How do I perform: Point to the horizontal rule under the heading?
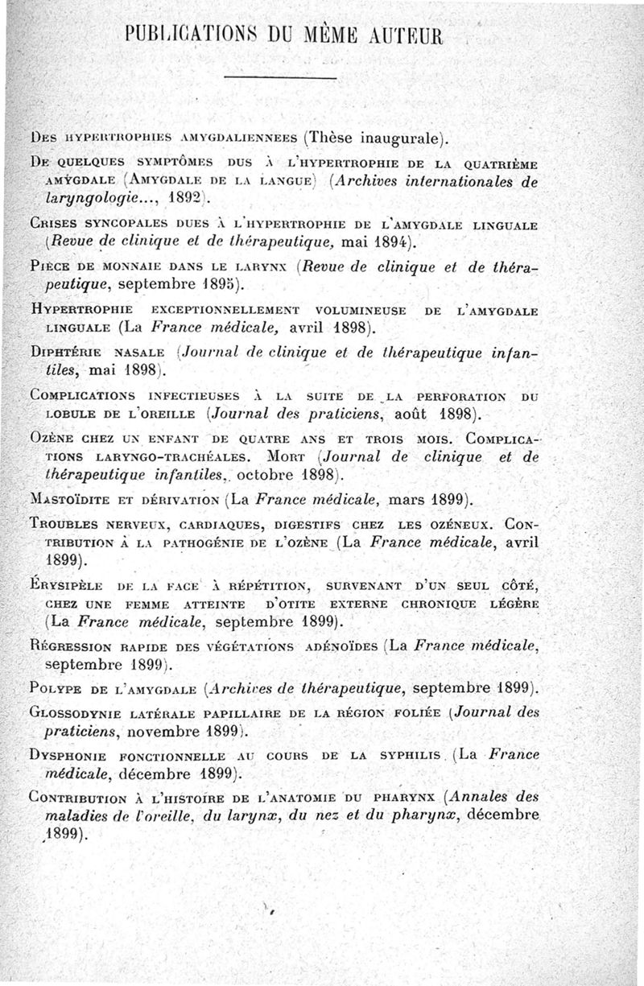pyautogui.click(x=278, y=77)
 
